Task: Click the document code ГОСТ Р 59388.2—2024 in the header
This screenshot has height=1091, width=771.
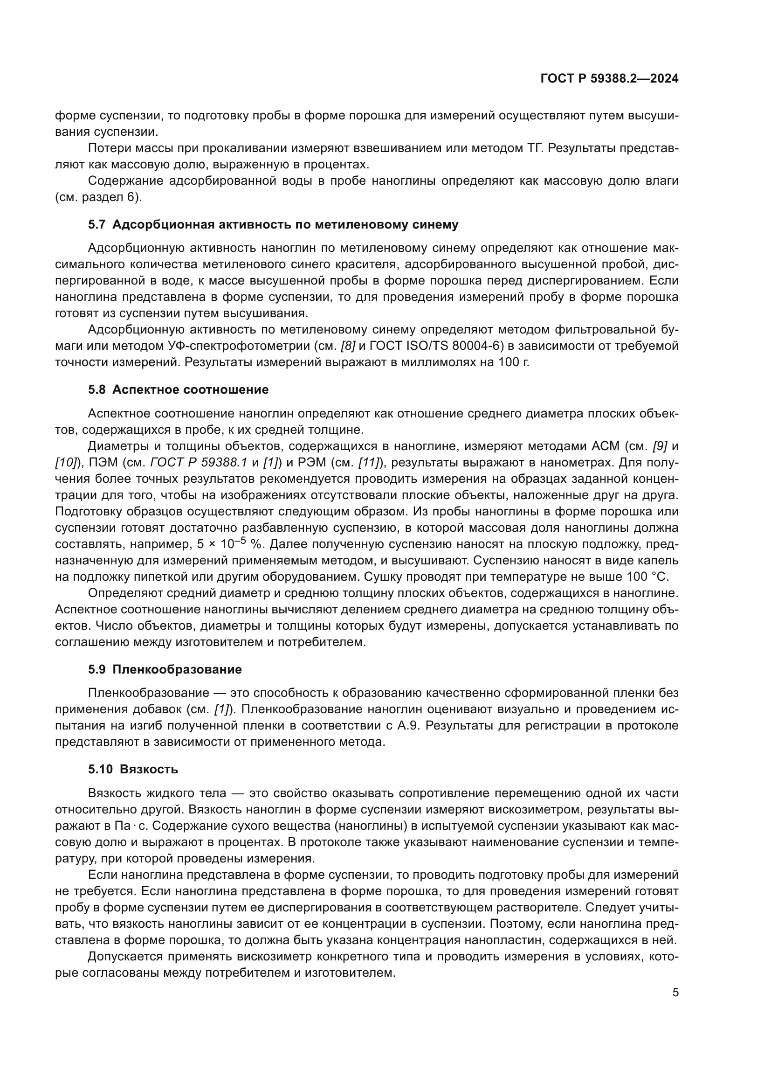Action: pos(609,79)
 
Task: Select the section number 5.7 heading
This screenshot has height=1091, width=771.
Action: pos(96,225)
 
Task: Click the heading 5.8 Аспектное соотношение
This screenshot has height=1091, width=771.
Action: pos(178,389)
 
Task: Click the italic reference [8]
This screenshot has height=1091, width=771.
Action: pos(349,346)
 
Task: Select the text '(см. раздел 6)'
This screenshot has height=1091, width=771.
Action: pos(98,197)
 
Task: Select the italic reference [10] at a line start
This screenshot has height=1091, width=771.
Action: pos(66,462)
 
